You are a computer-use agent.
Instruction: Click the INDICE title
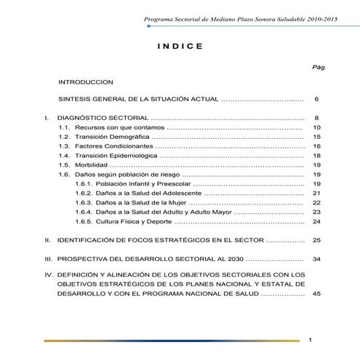pyautogui.click(x=180, y=47)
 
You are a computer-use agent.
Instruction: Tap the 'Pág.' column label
pyautogui.click(x=319, y=66)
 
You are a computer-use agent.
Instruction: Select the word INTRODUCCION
pyautogui.click(x=87, y=82)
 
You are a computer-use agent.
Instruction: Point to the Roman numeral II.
pyautogui.click(x=48, y=239)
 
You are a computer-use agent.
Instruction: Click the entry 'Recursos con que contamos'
pyautogui.click(x=111, y=127)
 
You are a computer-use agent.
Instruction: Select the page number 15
pyautogui.click(x=316, y=137)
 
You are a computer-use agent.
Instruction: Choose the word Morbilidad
pyautogui.click(x=91, y=165)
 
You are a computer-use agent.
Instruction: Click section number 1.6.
pyautogui.click(x=64, y=175)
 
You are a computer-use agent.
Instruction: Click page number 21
pyautogui.click(x=316, y=193)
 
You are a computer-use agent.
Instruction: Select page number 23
pyautogui.click(x=316, y=212)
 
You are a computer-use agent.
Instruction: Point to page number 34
pyautogui.click(x=316, y=259)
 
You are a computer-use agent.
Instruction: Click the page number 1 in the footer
pyautogui.click(x=310, y=340)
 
